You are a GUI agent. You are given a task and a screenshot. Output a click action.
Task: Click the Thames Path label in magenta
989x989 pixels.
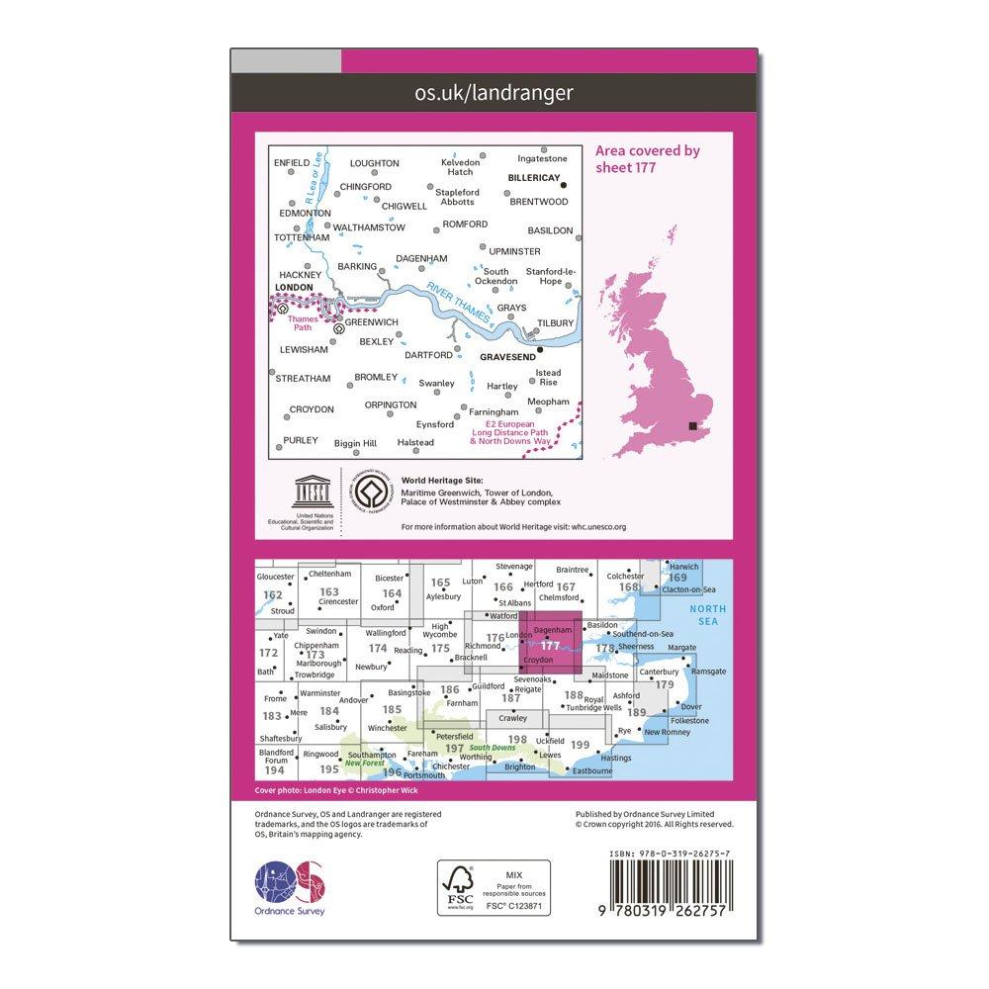(299, 323)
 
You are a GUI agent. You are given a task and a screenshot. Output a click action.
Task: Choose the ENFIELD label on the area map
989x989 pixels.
(292, 162)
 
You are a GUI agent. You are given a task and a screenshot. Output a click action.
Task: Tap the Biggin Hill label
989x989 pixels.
(355, 443)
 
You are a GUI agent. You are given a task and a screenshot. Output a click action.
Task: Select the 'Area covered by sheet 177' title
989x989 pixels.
(647, 159)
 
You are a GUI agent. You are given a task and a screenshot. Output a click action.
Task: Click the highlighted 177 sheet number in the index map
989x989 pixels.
(551, 646)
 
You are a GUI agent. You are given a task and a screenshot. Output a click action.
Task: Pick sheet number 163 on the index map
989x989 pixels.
(329, 591)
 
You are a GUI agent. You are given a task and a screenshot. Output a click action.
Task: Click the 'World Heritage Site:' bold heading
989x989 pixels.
(434, 481)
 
